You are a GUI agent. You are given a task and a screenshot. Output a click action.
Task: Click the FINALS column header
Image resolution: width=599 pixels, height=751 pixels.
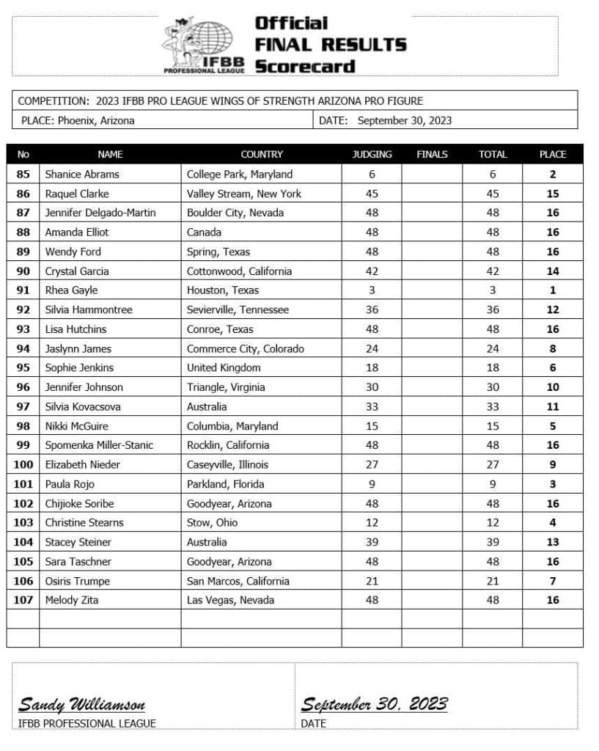pos(432,154)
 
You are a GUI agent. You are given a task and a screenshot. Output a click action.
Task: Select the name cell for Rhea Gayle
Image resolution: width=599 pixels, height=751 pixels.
pos(71,290)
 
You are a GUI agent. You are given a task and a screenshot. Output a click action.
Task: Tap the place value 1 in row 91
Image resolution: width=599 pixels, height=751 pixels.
pos(553,290)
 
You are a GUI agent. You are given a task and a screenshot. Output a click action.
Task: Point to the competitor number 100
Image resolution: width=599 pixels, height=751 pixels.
pos(23,464)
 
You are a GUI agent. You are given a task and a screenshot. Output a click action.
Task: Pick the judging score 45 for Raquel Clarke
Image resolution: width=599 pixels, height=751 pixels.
pos(372,194)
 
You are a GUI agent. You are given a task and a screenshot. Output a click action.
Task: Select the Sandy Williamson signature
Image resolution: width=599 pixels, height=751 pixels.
pos(81,706)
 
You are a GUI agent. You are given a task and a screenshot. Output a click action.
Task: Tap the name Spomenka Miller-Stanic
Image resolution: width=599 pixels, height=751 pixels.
pos(99,445)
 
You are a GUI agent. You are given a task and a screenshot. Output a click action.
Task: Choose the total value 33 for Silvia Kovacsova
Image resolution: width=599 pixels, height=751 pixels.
pos(493,406)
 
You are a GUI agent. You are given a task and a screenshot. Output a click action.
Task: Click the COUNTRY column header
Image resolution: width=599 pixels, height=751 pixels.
pos(261,154)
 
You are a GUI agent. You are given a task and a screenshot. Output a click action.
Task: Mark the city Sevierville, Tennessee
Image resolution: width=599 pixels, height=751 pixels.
pos(238,309)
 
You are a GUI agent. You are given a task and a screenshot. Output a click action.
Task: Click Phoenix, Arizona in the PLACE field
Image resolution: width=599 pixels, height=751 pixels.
pos(96,120)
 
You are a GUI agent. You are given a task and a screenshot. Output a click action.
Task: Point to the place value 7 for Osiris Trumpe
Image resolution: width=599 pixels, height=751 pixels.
pos(553,581)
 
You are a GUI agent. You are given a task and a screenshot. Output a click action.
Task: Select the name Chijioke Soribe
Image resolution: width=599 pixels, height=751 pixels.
pos(79,503)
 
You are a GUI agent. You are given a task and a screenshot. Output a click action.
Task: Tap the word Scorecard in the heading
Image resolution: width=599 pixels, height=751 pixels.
pos(304,66)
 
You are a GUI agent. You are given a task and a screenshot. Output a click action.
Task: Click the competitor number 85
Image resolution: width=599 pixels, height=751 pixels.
pos(23,175)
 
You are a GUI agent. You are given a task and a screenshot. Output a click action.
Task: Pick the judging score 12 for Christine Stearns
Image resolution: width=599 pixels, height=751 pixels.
pos(372,523)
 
